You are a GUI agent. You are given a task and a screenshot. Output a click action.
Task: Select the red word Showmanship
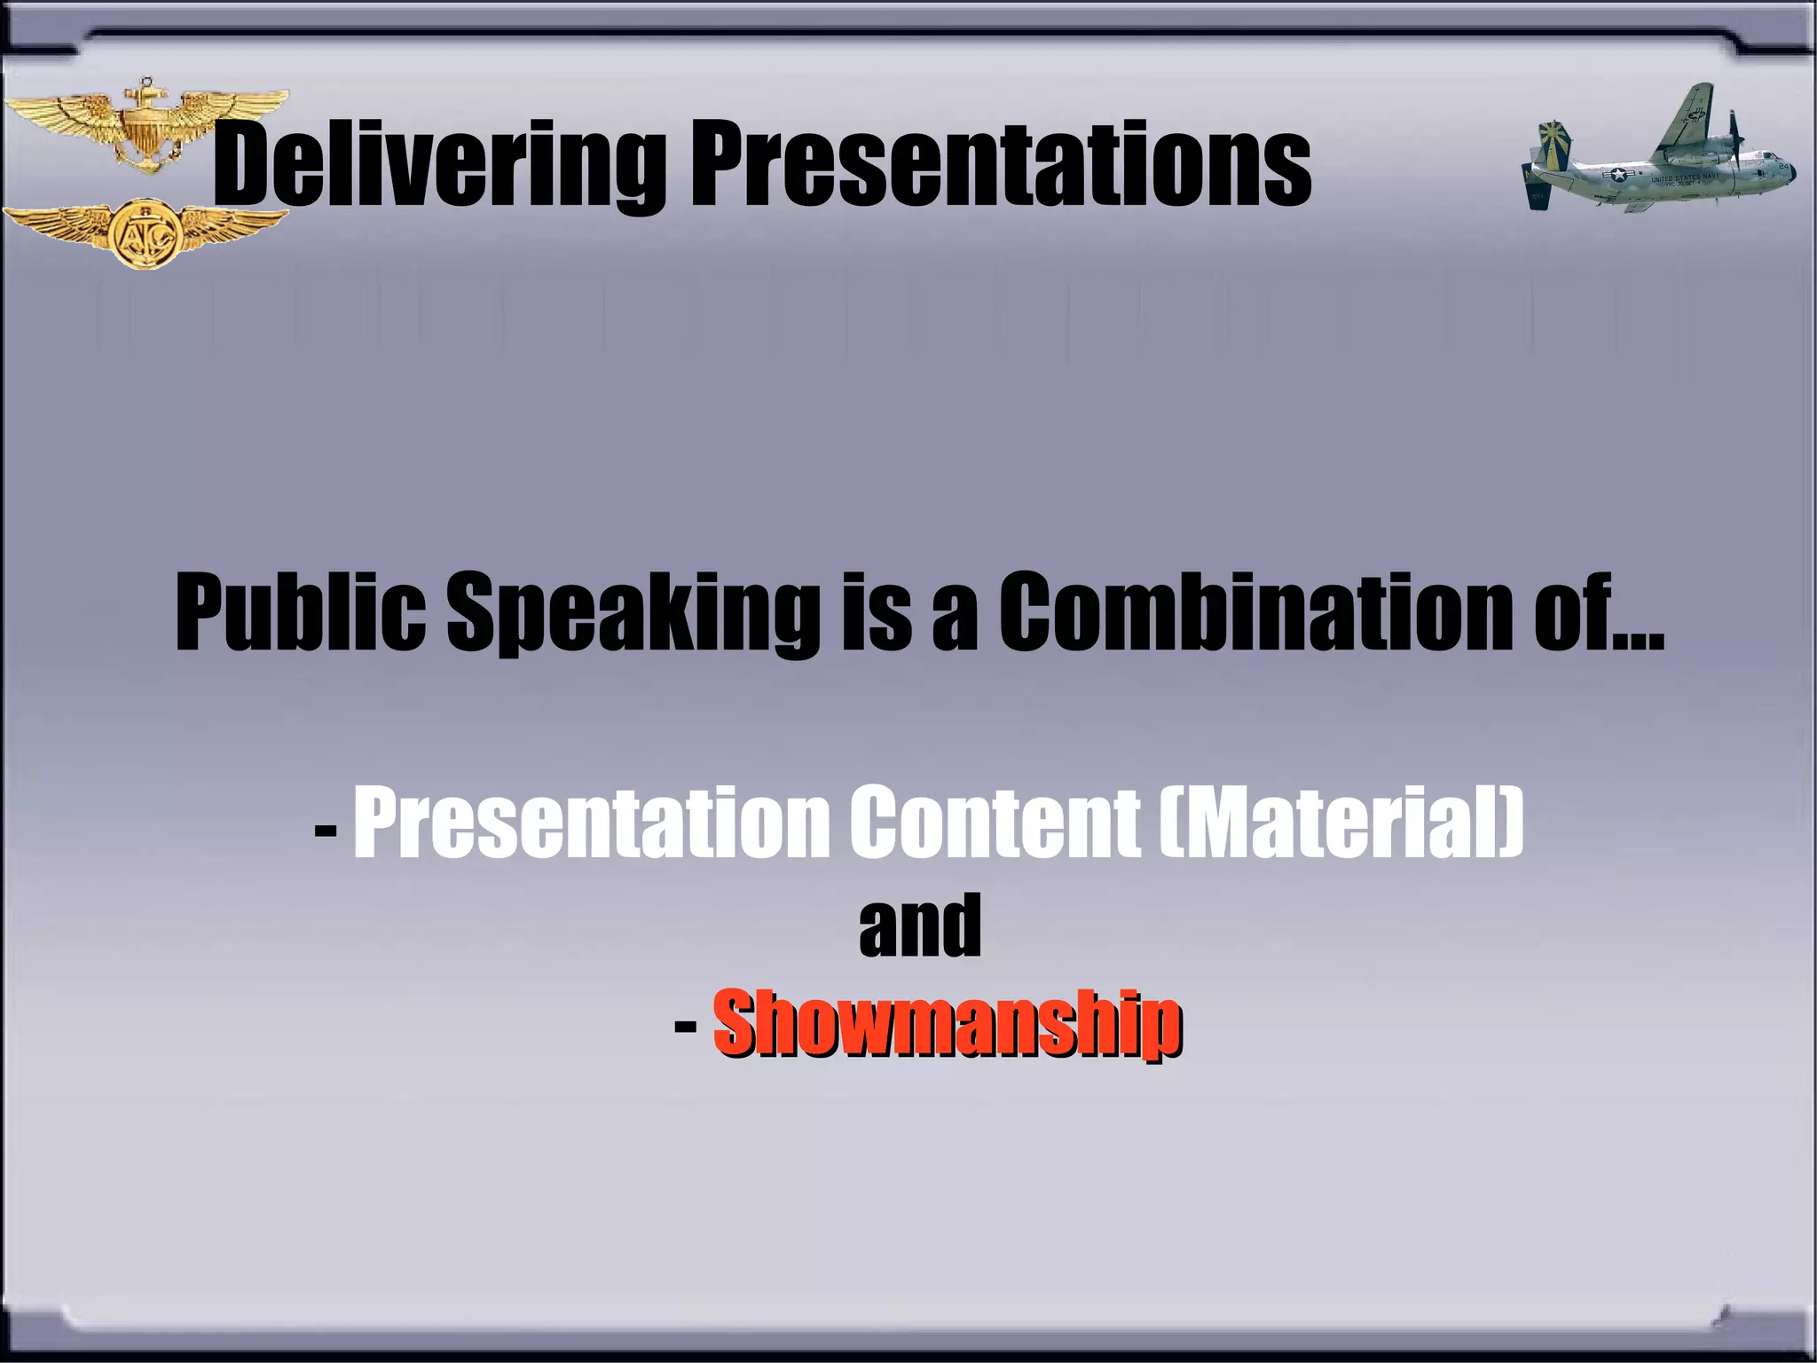tap(947, 1024)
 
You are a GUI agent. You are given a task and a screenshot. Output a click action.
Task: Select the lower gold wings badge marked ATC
tap(146, 232)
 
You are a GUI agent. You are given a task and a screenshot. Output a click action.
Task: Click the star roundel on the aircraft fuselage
tap(1622, 176)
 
